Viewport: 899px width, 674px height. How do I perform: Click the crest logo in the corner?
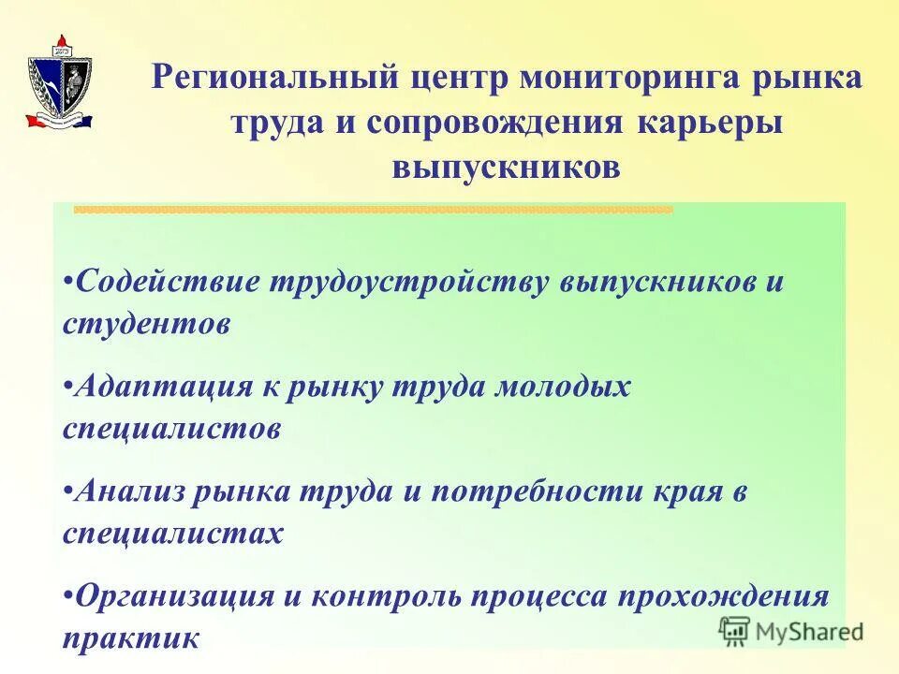coord(60,82)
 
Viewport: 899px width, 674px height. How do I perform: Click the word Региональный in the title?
coord(276,79)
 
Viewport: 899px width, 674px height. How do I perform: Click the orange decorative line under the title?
coord(373,210)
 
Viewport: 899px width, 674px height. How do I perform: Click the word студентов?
coord(146,324)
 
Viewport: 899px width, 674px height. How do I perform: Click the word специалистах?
coord(172,534)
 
